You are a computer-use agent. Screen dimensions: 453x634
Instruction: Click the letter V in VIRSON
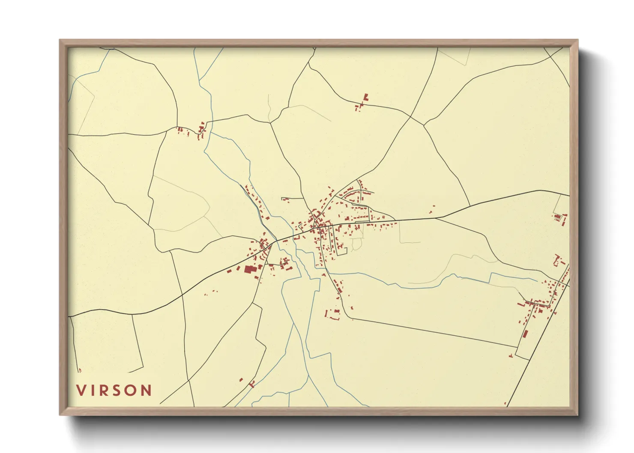tap(81, 390)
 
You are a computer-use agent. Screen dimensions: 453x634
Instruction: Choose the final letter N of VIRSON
tap(146, 390)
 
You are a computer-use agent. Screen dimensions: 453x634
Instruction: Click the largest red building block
tap(249, 269)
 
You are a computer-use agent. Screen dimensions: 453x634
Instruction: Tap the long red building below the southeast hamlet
tap(525, 334)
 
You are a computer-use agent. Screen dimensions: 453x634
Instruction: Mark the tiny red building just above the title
tap(80, 370)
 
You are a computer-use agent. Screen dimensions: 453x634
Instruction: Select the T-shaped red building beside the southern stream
tap(252, 384)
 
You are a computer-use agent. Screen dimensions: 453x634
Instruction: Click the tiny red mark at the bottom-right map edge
tap(505, 403)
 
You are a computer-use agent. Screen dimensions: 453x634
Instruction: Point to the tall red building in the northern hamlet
tap(366, 98)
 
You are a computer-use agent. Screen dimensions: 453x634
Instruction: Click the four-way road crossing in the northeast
tap(411, 117)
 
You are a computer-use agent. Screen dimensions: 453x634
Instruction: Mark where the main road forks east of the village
tap(437, 218)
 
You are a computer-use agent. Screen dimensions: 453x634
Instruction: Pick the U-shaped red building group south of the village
tap(333, 315)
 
